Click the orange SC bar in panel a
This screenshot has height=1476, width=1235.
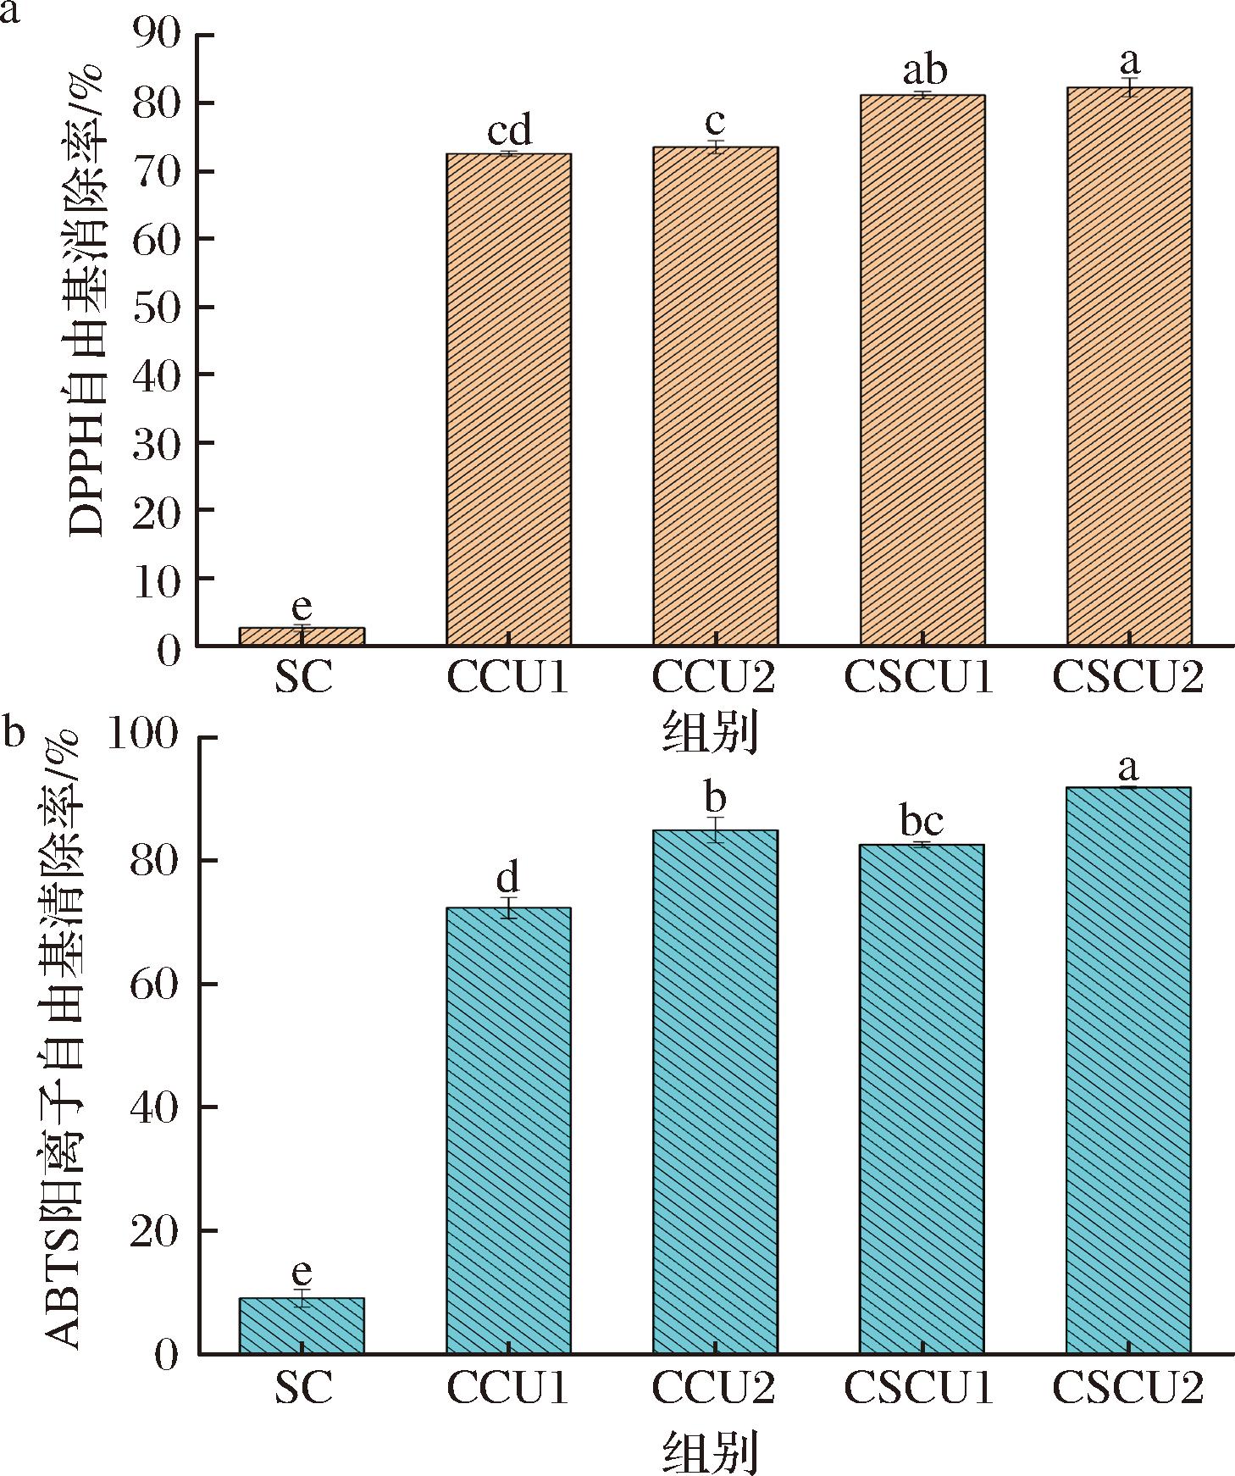click(302, 636)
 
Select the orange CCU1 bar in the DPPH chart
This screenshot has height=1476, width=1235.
click(508, 398)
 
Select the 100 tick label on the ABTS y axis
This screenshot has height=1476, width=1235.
click(144, 736)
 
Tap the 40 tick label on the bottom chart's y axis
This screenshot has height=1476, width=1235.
click(156, 1107)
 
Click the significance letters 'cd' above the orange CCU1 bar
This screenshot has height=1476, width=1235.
click(509, 130)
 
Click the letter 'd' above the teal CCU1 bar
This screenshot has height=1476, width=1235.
click(507, 878)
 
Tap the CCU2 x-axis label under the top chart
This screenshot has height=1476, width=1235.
click(714, 678)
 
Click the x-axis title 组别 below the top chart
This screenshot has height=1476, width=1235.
click(710, 734)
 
